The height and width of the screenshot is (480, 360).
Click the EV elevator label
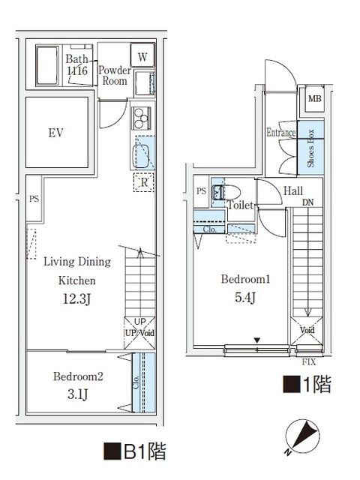(55, 133)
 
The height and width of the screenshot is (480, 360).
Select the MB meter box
(312, 98)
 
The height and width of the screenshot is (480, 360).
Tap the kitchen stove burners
(141, 118)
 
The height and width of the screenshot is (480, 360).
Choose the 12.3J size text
(77, 300)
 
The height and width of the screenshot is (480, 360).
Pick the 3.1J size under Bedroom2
(77, 394)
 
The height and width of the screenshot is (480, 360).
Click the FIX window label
(308, 361)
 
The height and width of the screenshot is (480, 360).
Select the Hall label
(293, 190)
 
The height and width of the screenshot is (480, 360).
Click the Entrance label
(281, 133)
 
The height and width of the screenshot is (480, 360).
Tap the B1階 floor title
(134, 452)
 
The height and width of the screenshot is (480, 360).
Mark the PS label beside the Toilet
(201, 191)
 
